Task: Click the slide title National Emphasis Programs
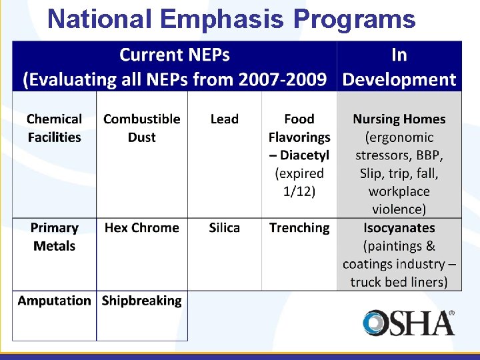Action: [231, 19]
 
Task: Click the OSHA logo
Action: [409, 323]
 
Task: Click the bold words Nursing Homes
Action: [399, 119]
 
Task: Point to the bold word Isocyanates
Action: [399, 228]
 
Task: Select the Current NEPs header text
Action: [175, 55]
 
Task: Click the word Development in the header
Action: [399, 80]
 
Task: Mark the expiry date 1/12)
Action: [299, 191]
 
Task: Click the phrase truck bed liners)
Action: [399, 282]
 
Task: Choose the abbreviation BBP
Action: [427, 155]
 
